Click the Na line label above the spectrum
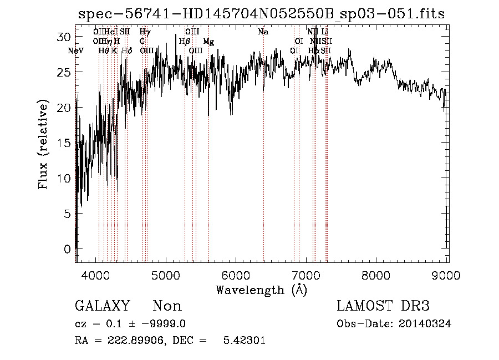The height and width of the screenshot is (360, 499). [x=263, y=32]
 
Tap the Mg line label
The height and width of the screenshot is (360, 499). [x=208, y=42]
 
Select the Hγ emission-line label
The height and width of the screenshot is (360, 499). [x=145, y=32]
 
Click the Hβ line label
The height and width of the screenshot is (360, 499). [x=185, y=42]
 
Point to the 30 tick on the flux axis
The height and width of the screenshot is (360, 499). [x=65, y=37]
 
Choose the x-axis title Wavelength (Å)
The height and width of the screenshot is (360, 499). [x=261, y=290]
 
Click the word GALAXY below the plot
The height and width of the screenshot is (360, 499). [x=103, y=306]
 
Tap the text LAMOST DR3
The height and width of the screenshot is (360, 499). [x=383, y=306]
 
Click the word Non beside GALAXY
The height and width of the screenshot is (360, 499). [x=167, y=306]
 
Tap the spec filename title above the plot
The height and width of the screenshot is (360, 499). [x=261, y=13]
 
